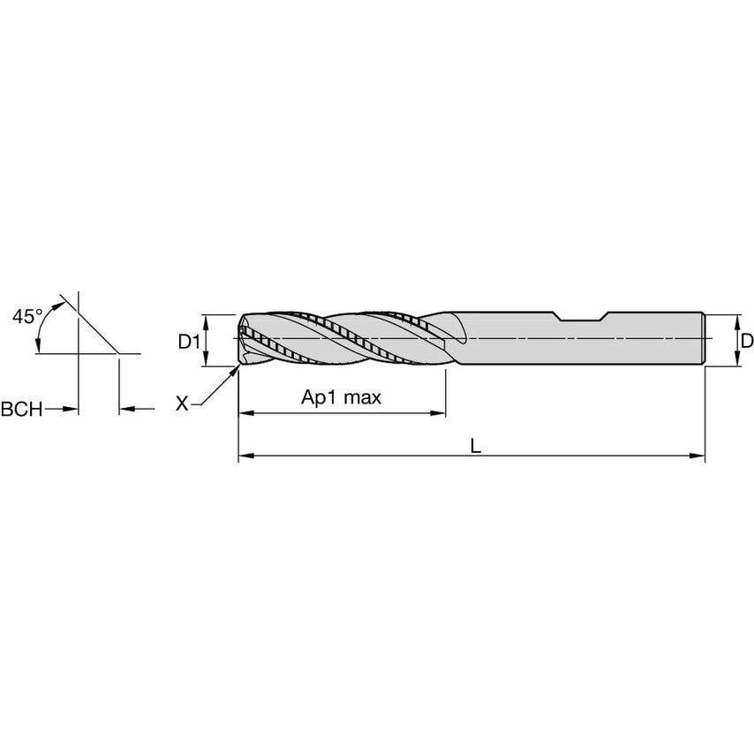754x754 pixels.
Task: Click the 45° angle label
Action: coord(27,316)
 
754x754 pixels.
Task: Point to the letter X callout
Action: coord(182,403)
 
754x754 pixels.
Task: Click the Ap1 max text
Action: coord(341,397)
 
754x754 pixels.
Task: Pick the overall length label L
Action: coord(475,446)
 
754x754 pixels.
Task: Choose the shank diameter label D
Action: coord(746,340)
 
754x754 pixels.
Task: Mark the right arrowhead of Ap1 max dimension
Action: coord(438,412)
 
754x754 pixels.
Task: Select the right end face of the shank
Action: coord(704,340)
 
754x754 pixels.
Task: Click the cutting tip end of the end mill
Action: coord(240,340)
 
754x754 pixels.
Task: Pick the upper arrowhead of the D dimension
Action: coord(735,320)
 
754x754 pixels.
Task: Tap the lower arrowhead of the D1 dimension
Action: coord(206,360)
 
